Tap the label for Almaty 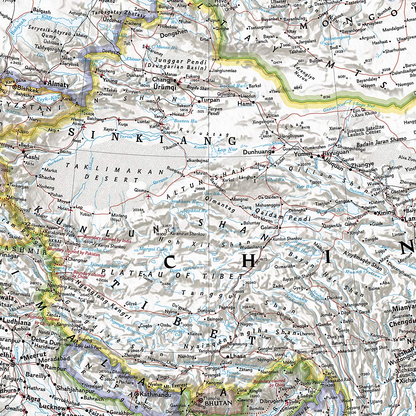59,84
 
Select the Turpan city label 210,100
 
